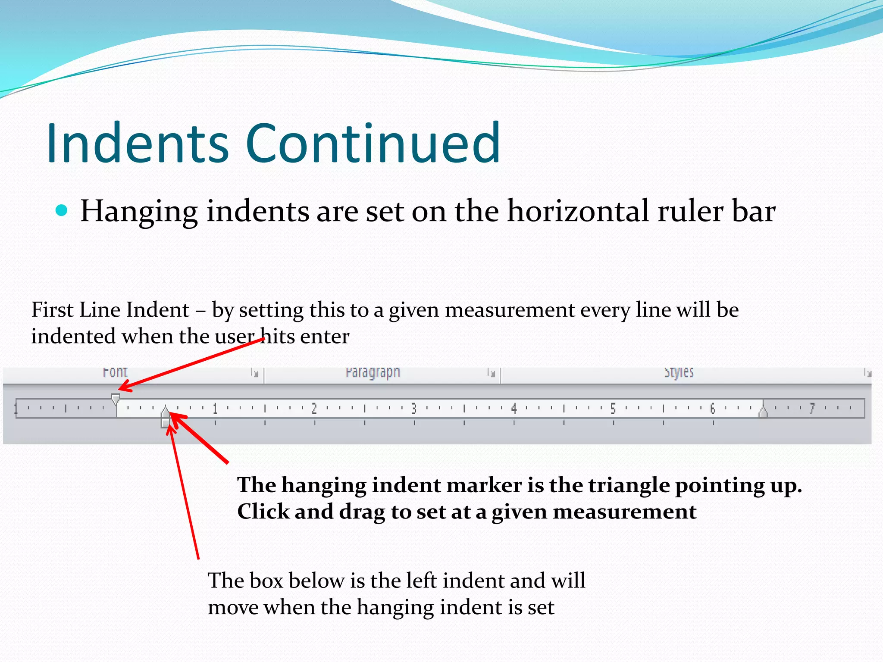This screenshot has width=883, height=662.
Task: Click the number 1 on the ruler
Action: pos(215,408)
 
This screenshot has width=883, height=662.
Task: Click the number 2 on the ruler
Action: pos(314,408)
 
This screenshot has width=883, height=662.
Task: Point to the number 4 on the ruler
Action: pos(514,408)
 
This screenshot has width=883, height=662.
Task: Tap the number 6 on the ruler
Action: pos(712,408)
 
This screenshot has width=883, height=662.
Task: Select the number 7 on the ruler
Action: pos(812,408)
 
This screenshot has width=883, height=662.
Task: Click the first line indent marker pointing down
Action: pos(115,398)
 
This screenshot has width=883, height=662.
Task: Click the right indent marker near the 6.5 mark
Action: pos(763,413)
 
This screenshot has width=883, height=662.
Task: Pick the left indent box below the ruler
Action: pos(165,423)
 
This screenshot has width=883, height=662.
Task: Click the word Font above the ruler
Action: pos(115,372)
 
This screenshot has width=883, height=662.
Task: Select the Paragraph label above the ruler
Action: pos(373,372)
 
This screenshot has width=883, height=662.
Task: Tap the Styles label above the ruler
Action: pos(679,372)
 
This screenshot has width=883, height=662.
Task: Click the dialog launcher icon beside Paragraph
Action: pos(491,372)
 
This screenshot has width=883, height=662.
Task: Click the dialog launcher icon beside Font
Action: pos(255,372)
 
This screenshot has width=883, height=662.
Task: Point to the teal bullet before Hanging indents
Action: pos(62,211)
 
